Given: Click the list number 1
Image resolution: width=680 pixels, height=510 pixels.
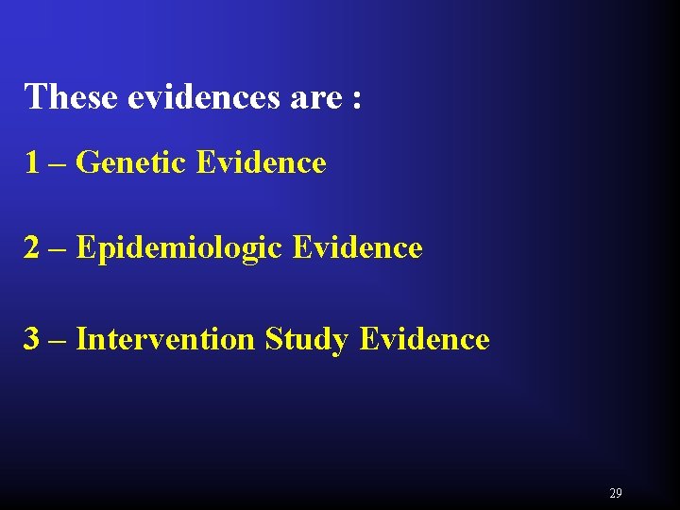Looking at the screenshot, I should (32, 163).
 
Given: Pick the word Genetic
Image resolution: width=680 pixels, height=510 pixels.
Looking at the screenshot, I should (131, 163).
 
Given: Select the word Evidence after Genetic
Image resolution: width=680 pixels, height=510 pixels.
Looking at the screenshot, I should (262, 163).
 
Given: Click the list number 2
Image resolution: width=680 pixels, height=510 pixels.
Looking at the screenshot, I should (33, 248).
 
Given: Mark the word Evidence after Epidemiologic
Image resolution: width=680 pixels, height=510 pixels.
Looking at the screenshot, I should (358, 248).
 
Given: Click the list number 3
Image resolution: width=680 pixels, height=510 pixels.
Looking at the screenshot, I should (33, 339).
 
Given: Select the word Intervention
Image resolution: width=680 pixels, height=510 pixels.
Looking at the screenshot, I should (165, 339).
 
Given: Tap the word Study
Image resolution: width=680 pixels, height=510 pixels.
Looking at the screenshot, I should (308, 340).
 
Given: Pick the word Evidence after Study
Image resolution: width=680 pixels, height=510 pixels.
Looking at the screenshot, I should (425, 339).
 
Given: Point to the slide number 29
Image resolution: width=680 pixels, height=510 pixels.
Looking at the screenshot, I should (616, 493).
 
